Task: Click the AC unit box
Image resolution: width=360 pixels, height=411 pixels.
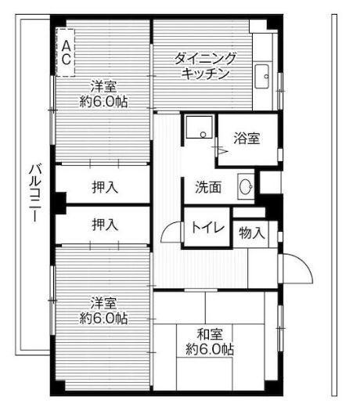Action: coord(67,52)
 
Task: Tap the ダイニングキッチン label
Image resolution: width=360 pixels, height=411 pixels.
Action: coord(206,66)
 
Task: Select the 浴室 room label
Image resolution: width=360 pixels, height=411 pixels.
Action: coord(247,138)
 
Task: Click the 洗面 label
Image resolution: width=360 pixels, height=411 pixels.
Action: coord(208,187)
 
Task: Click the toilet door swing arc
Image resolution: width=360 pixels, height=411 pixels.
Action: coord(171,233)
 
